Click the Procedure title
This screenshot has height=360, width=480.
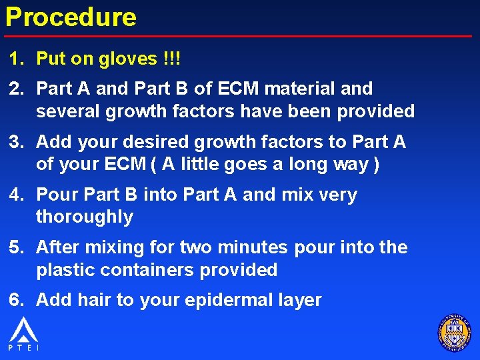click(x=71, y=17)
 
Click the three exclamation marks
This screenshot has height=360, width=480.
click(x=171, y=59)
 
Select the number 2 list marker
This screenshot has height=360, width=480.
click(x=15, y=88)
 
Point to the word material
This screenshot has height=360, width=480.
click(x=301, y=88)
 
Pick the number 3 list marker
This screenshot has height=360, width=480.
click(x=15, y=141)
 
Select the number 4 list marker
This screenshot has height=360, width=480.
click(x=15, y=195)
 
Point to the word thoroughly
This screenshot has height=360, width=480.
click(x=85, y=217)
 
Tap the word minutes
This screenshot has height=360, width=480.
click(x=249, y=247)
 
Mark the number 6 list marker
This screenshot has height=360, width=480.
click(x=15, y=300)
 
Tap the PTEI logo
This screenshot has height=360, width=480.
click(x=23, y=333)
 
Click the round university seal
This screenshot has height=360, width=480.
click(x=454, y=331)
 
